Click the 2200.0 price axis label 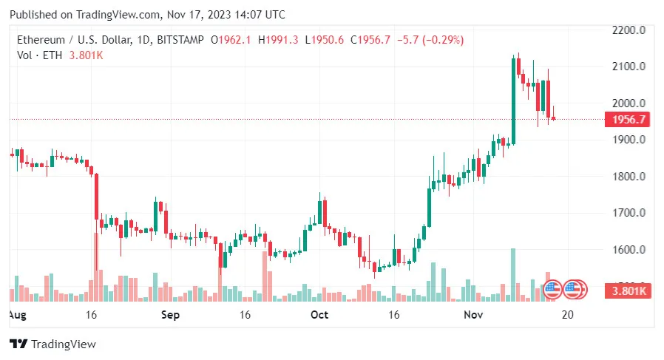[x=631, y=30]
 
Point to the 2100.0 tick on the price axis [x=631, y=67]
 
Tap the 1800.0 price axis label [x=631, y=177]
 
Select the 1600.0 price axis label [x=631, y=250]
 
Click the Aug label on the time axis [x=16, y=314]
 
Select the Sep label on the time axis [x=171, y=314]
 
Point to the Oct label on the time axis [x=319, y=314]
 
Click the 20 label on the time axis [x=568, y=314]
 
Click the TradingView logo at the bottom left [x=52, y=344]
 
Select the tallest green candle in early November [x=513, y=100]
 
